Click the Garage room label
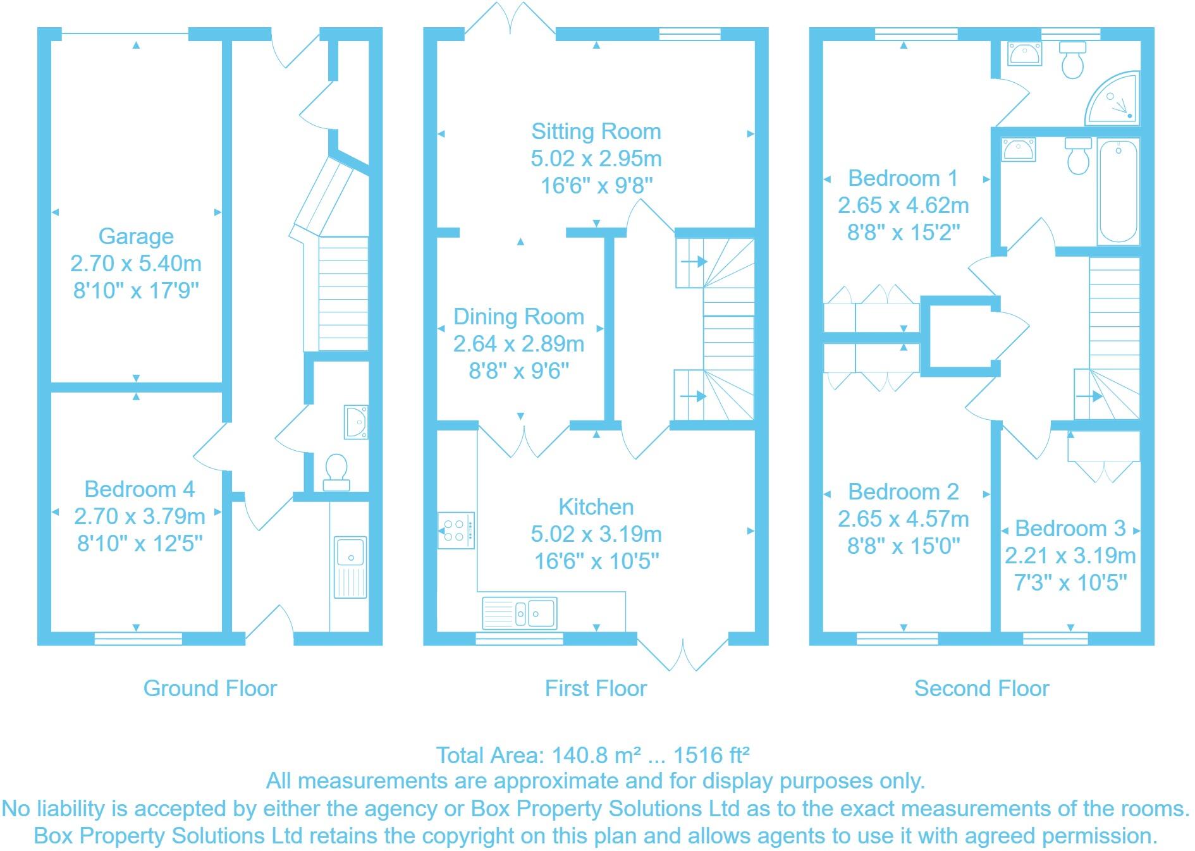[136, 236]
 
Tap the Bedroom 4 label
[139, 489]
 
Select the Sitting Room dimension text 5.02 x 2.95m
[596, 159]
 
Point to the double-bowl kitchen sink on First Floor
[520, 613]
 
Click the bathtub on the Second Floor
[1118, 192]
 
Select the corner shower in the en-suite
[1115, 101]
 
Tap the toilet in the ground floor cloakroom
[336, 471]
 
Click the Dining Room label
[518, 317]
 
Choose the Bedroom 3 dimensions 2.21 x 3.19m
[1070, 556]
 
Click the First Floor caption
[596, 689]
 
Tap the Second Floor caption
[981, 689]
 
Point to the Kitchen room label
[596, 507]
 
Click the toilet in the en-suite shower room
[1072, 61]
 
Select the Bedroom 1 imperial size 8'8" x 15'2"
[903, 233]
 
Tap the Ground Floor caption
[210, 689]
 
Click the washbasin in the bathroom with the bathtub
[1019, 150]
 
